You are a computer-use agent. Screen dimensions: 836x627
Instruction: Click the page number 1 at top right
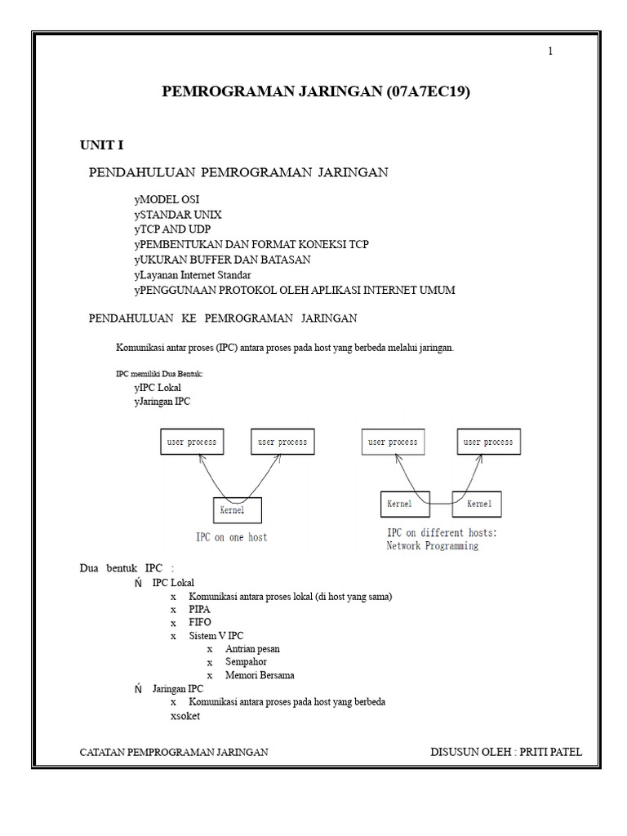[x=550, y=51]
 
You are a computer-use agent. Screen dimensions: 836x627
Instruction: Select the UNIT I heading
[x=101, y=145]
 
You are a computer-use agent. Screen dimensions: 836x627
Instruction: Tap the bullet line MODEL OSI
[x=167, y=199]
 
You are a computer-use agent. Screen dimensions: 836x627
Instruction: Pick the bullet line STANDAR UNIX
[x=178, y=215]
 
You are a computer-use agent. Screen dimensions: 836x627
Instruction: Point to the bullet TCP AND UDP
[x=172, y=229]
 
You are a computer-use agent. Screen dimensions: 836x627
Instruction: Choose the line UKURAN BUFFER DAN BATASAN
[x=222, y=260]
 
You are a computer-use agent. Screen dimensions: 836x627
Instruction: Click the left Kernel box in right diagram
[x=405, y=504]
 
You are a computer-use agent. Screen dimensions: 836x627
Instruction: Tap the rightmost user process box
[x=488, y=442]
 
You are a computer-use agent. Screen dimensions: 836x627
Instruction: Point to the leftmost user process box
[x=192, y=442]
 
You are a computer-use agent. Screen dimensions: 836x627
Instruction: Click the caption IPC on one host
[x=231, y=537]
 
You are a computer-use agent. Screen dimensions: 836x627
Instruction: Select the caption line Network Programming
[x=432, y=546]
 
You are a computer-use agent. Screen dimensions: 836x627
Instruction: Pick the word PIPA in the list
[x=200, y=609]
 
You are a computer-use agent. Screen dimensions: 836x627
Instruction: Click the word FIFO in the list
[x=200, y=622]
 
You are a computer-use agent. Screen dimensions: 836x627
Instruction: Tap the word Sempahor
[x=246, y=661]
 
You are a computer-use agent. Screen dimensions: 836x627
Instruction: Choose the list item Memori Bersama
[x=260, y=675]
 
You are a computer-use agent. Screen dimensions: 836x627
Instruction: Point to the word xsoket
[x=185, y=716]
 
